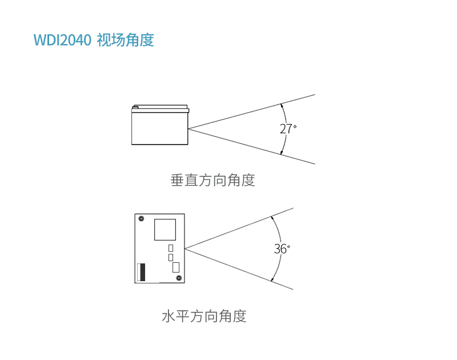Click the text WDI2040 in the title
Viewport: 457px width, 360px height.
coord(62,41)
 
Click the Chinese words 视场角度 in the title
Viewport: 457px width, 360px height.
coord(126,41)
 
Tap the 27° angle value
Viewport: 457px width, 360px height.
coord(287,129)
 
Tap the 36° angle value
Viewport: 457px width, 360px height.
coord(281,249)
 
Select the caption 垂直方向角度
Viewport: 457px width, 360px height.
coord(213,181)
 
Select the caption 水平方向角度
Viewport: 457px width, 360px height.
coord(204,316)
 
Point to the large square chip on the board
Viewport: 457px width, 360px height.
coord(166,230)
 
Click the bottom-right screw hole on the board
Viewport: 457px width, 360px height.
coord(179,278)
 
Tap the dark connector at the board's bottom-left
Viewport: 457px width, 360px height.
coord(141,272)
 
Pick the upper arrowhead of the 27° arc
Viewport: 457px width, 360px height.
coord(281,105)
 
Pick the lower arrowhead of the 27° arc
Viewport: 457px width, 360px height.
coord(281,153)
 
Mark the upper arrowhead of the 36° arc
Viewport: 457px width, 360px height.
coord(272,217)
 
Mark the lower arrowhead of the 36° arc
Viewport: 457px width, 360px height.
coord(272,280)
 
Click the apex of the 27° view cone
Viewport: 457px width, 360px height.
coord(189,128)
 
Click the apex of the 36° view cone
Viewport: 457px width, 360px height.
coord(185,249)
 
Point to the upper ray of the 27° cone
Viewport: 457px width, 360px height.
coord(251,111)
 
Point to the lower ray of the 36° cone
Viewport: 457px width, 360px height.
coord(240,269)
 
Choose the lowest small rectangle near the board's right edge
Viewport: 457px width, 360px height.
coord(175,267)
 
